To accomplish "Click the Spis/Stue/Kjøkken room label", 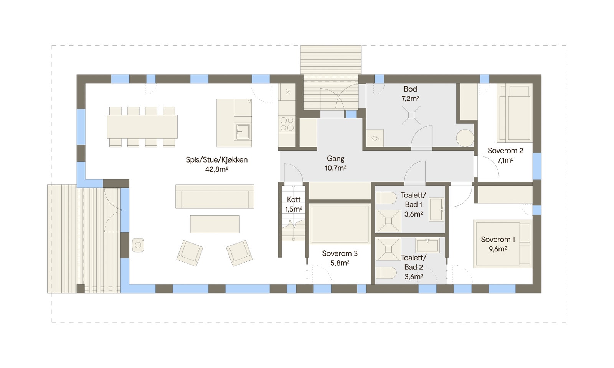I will click(x=216, y=160).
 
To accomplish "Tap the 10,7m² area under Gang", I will click(x=335, y=168).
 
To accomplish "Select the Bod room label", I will click(x=410, y=89).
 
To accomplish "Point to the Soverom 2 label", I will click(x=505, y=151).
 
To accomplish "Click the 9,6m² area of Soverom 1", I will click(x=498, y=249).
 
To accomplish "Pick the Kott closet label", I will click(x=294, y=200).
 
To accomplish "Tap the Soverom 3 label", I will click(x=340, y=253).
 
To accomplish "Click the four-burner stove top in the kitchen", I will click(x=287, y=124).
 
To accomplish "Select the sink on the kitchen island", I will click(x=243, y=131).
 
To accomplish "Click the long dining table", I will click(x=142, y=127).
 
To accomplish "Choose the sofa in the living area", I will click(x=215, y=197).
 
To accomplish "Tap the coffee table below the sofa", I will click(x=215, y=224).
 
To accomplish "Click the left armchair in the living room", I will click(x=190, y=253).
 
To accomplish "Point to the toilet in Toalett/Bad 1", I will click(x=386, y=198).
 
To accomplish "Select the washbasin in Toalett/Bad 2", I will click(x=427, y=245).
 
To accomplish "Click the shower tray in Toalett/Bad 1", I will click(x=388, y=221).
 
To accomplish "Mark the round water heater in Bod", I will click(x=465, y=138).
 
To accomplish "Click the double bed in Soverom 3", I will click(x=339, y=224).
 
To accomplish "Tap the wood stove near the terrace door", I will click(x=138, y=245).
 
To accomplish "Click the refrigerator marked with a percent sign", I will click(x=287, y=92).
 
